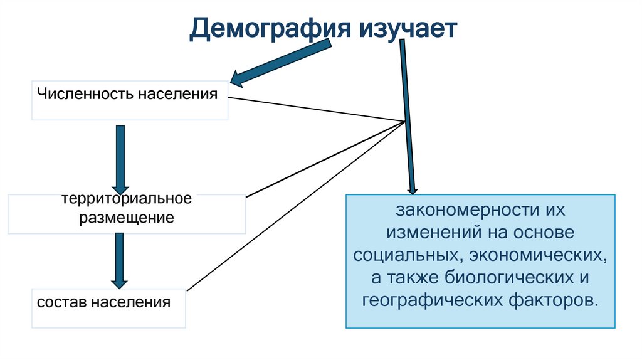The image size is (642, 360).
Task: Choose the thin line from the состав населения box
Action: point(295,207)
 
